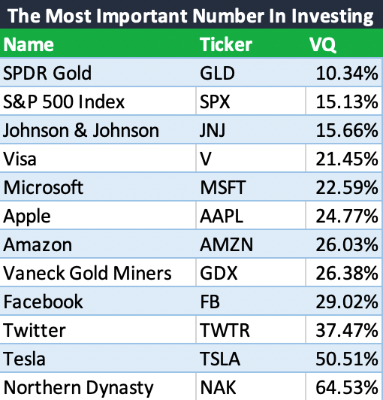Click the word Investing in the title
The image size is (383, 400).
(332, 16)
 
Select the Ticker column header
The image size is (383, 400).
(226, 44)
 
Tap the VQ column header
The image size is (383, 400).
(322, 44)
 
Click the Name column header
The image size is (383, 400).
(29, 44)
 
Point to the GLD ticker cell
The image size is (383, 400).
(217, 74)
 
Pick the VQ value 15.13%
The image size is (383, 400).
(346, 102)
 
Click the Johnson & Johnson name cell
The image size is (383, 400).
(81, 130)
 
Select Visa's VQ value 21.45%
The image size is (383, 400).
(346, 159)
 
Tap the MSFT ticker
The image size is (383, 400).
(223, 187)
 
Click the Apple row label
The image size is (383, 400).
(27, 217)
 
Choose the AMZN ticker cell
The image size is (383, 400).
(226, 244)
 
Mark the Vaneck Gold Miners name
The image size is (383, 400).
(87, 273)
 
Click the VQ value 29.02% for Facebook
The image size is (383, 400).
(346, 302)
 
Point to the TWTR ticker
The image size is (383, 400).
(225, 330)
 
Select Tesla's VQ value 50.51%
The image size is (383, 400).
(346, 359)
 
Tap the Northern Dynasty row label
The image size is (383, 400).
(79, 388)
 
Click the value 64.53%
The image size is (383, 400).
(346, 387)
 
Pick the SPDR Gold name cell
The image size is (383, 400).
(47, 73)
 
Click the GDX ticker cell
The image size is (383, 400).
(219, 273)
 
